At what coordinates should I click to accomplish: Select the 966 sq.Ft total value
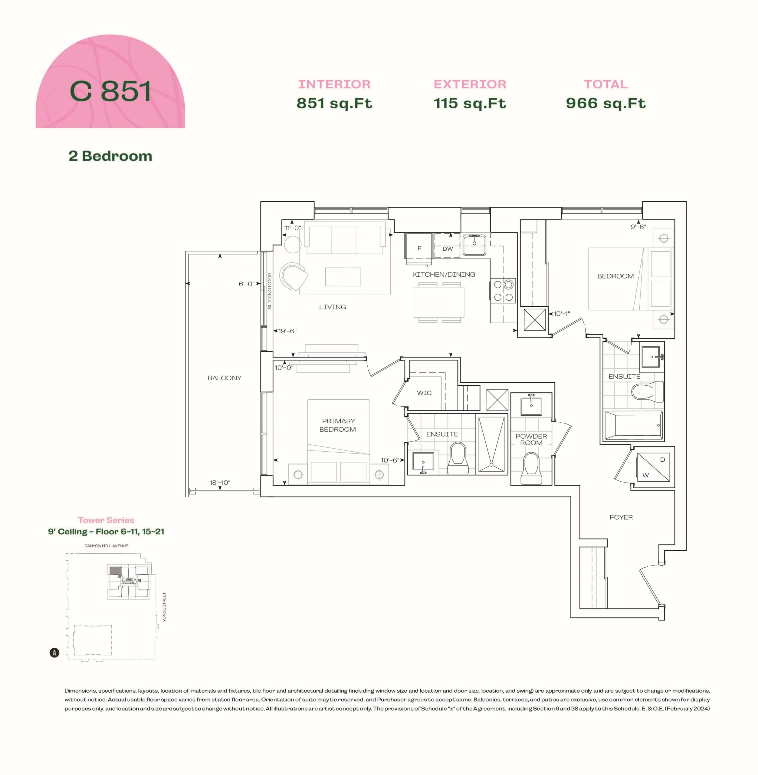click(x=605, y=103)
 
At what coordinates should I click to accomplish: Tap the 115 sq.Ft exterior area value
click(x=470, y=103)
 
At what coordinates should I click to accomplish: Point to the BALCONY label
click(x=225, y=378)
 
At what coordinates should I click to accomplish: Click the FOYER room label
click(x=621, y=517)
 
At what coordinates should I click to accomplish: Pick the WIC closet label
click(x=424, y=393)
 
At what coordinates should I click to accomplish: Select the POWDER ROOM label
click(x=531, y=440)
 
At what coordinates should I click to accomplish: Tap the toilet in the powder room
click(x=531, y=468)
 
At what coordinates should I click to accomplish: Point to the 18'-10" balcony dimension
click(x=220, y=483)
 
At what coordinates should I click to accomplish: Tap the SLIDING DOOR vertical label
click(x=270, y=291)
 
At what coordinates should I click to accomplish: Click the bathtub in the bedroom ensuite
click(x=633, y=425)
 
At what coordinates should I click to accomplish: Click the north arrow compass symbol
click(x=54, y=653)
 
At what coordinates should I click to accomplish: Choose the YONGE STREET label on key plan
click(x=164, y=607)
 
